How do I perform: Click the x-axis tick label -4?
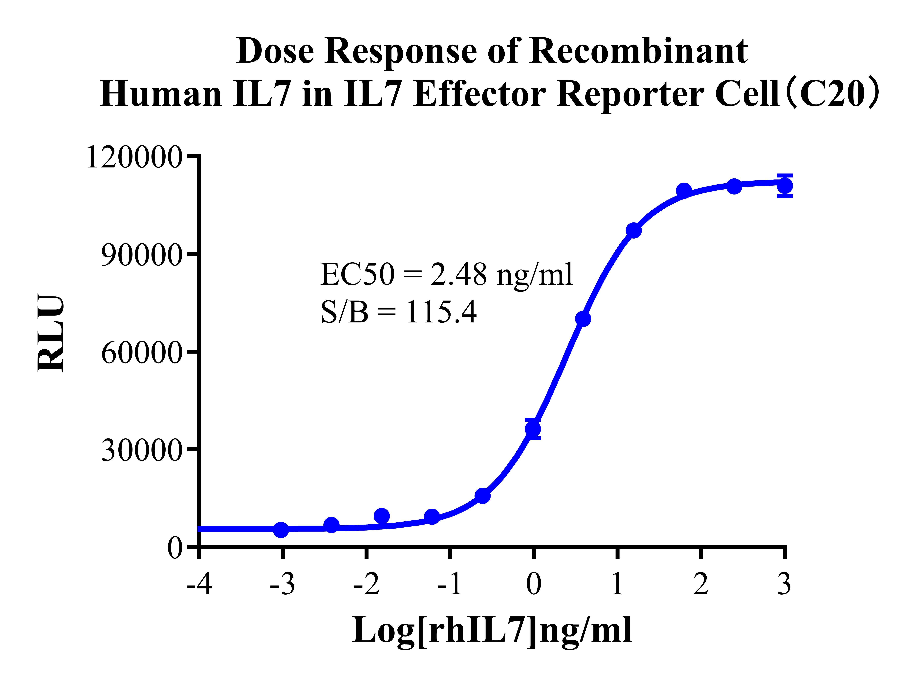(199, 584)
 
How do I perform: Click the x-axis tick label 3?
(784, 584)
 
